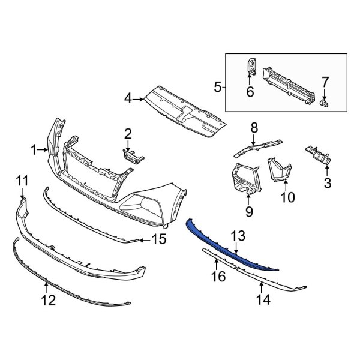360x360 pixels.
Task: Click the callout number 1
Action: [x=34, y=149]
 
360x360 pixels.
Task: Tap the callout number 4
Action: [x=128, y=97]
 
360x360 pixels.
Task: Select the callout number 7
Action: [x=325, y=82]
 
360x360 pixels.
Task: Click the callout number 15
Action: [x=158, y=241]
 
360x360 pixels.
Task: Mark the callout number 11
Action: [x=22, y=181]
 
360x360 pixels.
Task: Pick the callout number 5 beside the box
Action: [x=218, y=88]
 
